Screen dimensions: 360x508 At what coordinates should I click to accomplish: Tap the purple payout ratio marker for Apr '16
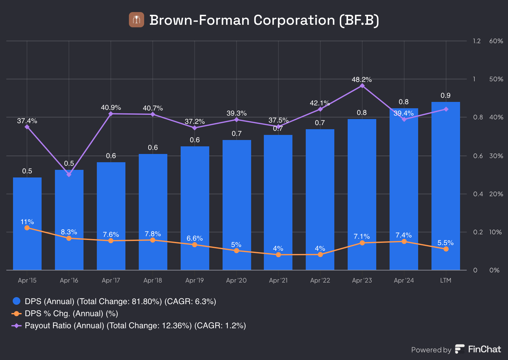(69, 174)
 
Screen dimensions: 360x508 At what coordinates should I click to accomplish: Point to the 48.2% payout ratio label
(362, 80)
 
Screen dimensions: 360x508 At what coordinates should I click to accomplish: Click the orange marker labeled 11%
(27, 228)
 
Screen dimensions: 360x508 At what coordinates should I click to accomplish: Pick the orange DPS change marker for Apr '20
(237, 250)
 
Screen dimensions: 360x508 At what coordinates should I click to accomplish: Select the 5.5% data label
(445, 243)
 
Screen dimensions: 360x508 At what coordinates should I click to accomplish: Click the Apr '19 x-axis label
(195, 280)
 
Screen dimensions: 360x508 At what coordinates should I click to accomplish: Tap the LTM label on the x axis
(446, 280)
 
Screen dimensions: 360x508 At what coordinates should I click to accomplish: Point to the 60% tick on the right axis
(496, 41)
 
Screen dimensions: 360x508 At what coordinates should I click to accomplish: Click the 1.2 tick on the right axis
(477, 41)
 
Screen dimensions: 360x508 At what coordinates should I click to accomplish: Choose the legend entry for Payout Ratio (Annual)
(135, 326)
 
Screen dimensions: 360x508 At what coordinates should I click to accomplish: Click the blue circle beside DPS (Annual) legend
(17, 301)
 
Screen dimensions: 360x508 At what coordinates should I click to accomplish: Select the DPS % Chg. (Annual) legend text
(71, 314)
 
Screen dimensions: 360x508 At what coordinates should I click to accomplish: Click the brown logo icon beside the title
(137, 20)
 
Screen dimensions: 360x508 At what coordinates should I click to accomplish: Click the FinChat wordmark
(485, 349)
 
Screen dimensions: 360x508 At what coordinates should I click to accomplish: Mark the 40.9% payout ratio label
(111, 108)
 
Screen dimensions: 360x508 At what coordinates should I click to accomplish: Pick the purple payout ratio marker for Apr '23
(362, 86)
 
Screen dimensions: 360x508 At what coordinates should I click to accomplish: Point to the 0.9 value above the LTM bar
(445, 96)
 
